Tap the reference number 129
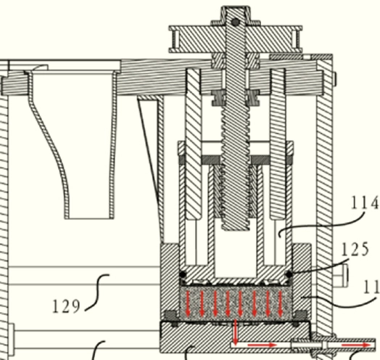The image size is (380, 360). pos(67,306)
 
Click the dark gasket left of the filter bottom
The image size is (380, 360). pos(171,316)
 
